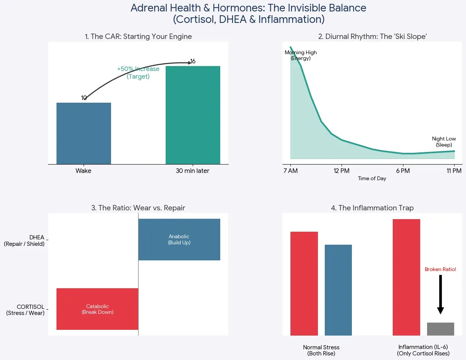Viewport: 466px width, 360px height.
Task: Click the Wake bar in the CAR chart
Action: tap(84, 133)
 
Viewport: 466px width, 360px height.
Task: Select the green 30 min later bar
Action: tap(193, 115)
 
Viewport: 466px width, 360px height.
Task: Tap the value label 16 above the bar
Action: tap(193, 61)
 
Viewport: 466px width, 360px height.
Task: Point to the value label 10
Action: tap(84, 98)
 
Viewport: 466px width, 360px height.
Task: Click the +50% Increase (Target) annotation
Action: tap(138, 73)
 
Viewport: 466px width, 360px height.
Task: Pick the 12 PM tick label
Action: tap(342, 171)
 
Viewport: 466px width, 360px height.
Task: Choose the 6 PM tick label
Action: tap(403, 171)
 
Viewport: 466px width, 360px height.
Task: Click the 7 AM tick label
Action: tap(290, 171)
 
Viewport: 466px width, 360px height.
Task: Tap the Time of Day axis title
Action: tap(372, 179)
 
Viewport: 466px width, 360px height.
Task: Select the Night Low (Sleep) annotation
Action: tap(444, 142)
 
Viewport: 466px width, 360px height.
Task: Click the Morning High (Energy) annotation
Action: tap(301, 55)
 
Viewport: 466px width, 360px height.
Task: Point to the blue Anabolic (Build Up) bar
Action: tap(179, 239)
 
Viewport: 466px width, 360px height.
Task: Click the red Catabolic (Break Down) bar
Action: tap(97, 309)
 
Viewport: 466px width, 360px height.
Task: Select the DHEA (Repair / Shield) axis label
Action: tap(24, 241)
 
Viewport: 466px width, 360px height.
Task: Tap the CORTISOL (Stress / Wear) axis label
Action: tap(25, 310)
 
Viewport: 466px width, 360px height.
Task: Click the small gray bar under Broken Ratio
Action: tap(440, 329)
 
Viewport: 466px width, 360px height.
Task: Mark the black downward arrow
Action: tap(440, 294)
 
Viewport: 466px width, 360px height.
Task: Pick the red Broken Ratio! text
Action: tap(440, 269)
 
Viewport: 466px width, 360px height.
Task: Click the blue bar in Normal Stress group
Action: tap(338, 290)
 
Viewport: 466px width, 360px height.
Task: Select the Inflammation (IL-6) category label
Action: tap(423, 350)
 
